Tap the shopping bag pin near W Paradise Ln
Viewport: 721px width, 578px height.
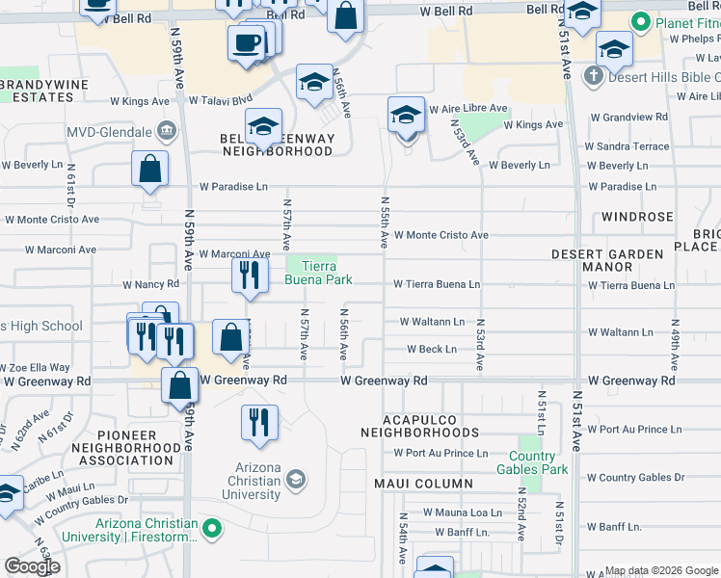tap(150, 169)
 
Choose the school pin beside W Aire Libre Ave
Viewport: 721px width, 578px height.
tap(407, 115)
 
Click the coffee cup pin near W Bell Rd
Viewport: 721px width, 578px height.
tap(246, 42)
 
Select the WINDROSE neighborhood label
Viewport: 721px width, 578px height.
tap(637, 217)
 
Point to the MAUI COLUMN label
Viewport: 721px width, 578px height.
tap(417, 484)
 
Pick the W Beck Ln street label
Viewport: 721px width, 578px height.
tap(431, 349)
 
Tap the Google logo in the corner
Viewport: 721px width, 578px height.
tap(32, 566)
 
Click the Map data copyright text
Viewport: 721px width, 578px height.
tap(660, 570)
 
